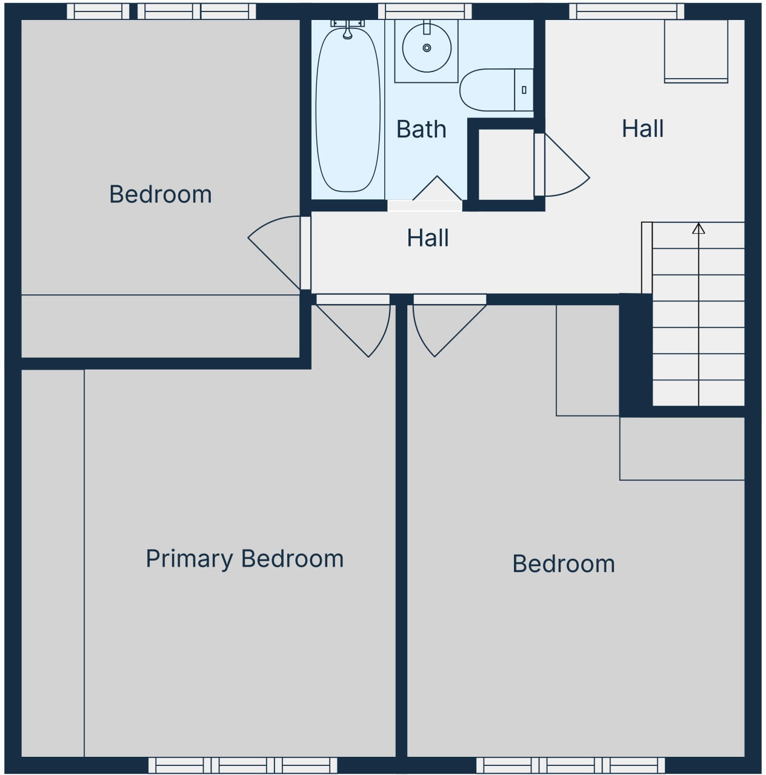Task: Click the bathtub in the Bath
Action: (348, 109)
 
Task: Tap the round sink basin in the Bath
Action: (427, 48)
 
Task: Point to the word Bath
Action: (421, 129)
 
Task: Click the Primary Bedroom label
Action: (244, 558)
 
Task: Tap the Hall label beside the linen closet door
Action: (642, 128)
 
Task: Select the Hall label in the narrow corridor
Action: (428, 238)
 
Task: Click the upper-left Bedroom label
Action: (161, 194)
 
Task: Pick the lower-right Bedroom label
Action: (564, 564)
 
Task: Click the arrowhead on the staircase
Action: (699, 228)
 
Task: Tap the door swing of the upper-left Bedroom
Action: (273, 248)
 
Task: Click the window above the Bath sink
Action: (425, 11)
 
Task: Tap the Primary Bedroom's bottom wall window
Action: (242, 765)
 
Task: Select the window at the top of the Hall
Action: (626, 11)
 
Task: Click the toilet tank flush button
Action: (524, 90)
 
